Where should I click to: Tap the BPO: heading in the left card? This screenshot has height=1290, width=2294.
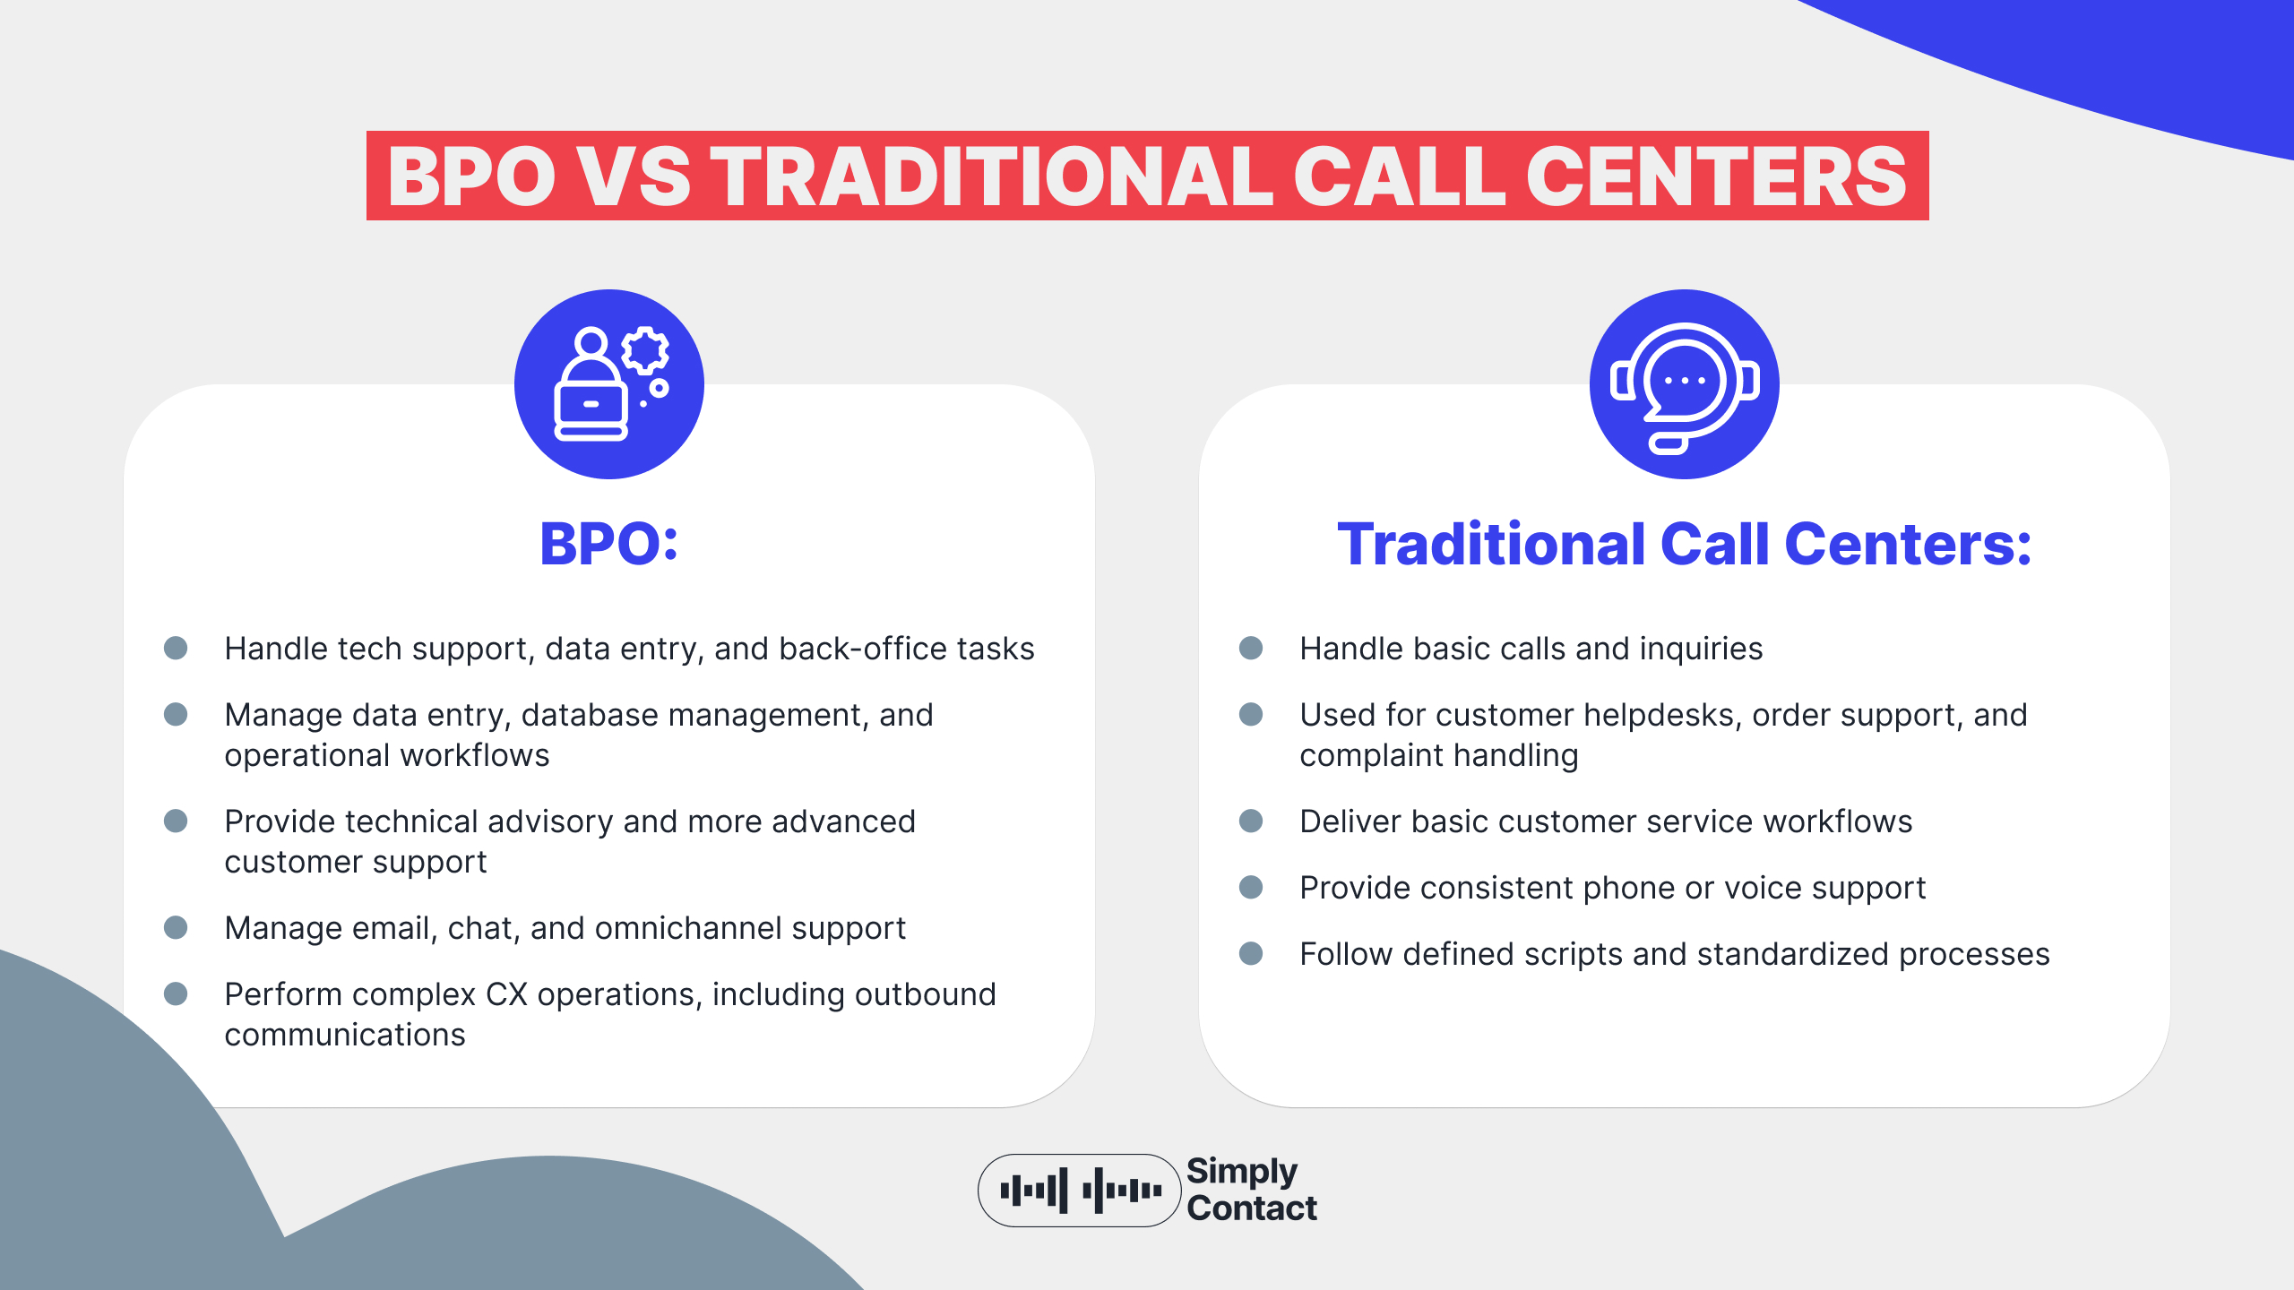[609, 544]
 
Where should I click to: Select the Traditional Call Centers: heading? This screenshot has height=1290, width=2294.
[1684, 544]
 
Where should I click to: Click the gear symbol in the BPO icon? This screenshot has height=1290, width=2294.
[645, 350]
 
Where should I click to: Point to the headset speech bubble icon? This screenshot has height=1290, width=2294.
[1684, 383]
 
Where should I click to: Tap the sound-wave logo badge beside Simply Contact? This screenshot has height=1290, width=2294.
[1079, 1191]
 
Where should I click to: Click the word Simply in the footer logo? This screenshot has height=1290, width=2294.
[1242, 1172]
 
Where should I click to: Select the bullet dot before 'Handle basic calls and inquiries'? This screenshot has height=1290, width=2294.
[1251, 648]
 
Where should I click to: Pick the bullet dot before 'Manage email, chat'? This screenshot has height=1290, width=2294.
[176, 927]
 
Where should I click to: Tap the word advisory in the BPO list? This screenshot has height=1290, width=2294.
[550, 821]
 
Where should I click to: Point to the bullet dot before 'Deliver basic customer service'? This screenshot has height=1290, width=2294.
[1251, 821]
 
